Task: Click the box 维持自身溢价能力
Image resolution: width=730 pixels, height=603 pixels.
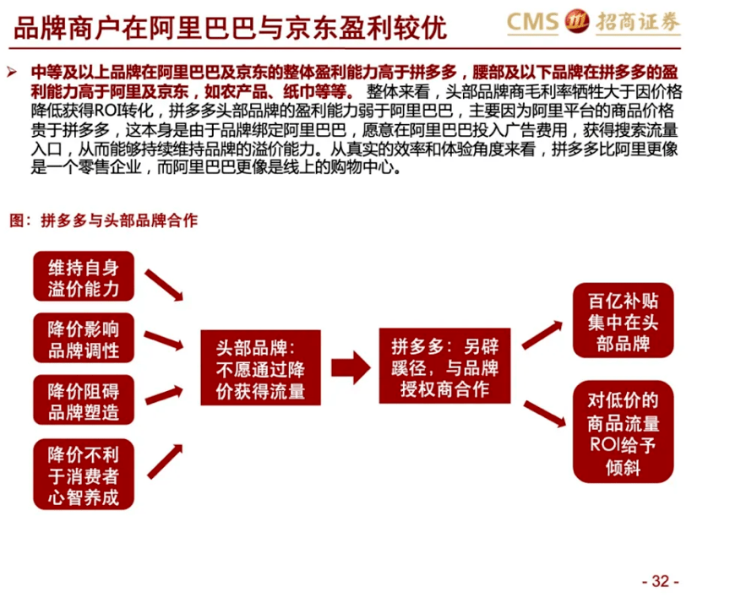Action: [x=84, y=276]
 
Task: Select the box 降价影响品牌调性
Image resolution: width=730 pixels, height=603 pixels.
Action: [x=84, y=338]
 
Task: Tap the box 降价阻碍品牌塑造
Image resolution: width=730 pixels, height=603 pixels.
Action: [x=84, y=399]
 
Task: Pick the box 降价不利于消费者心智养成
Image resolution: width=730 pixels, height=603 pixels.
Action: [x=84, y=474]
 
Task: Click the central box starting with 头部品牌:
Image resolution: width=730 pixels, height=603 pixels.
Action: [x=261, y=367]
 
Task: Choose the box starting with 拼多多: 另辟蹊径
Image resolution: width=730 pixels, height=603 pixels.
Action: [x=444, y=366]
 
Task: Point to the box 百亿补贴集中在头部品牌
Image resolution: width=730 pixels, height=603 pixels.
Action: [x=624, y=321]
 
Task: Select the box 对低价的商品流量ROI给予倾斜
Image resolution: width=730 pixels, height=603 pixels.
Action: [x=624, y=432]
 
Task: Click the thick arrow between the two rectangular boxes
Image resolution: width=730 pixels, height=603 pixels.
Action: [x=351, y=367]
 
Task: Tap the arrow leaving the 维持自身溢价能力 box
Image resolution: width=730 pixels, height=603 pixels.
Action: [x=164, y=285]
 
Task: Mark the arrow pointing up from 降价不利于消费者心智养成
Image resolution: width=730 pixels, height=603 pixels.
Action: [x=166, y=462]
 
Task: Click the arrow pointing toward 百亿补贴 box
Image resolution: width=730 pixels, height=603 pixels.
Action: [x=542, y=334]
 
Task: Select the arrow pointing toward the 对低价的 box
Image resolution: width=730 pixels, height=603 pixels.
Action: [x=545, y=414]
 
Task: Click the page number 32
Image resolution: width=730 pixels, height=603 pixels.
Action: [x=661, y=581]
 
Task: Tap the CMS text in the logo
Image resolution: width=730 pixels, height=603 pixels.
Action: [x=532, y=22]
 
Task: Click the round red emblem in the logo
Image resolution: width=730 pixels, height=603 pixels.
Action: [x=577, y=21]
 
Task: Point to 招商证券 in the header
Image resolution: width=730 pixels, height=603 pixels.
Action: [x=638, y=22]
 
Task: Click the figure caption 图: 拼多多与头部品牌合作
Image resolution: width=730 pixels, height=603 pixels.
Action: [x=103, y=220]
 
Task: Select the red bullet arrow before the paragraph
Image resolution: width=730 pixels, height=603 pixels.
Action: [x=12, y=72]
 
